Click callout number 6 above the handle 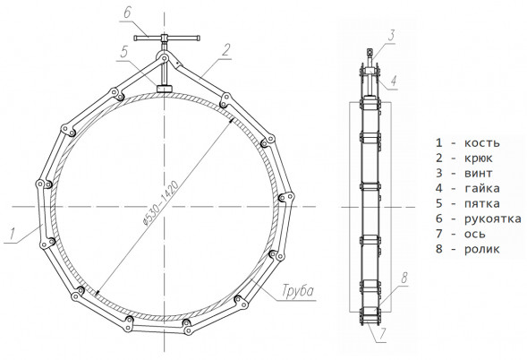tap(127, 13)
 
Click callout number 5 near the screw tap(124, 52)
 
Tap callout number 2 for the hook tap(226, 50)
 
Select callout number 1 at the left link tap(13, 234)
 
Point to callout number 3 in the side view tap(391, 35)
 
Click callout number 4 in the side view tap(394, 81)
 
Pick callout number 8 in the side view tap(404, 278)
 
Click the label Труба tap(298, 291)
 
